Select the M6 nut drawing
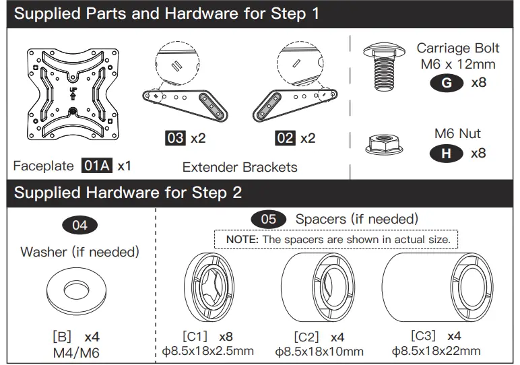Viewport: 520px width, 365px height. [385, 143]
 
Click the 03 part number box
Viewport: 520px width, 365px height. [175, 138]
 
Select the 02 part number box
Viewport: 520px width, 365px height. [285, 138]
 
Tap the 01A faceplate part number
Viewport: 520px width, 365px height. [97, 165]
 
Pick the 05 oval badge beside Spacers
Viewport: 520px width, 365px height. [268, 220]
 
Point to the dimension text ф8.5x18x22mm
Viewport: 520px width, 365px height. [436, 350]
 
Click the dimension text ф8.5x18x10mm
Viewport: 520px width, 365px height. [319, 351]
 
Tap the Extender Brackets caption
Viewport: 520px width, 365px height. [240, 167]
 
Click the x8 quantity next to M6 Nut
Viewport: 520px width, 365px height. [478, 154]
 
